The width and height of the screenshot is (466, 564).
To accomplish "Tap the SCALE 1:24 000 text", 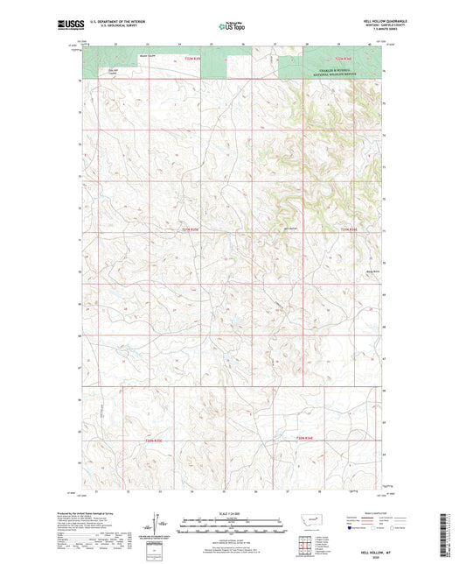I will pos(232,513).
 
